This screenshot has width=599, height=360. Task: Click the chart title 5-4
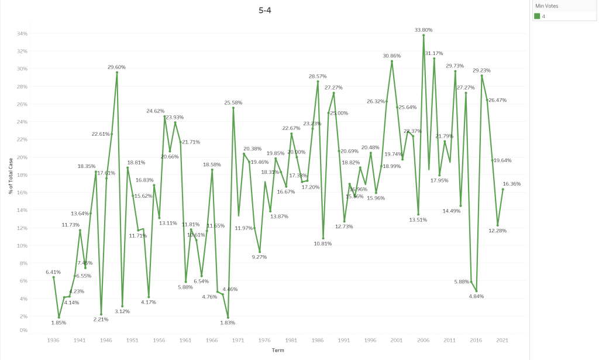point(265,10)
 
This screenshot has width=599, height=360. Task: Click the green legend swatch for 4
point(536,16)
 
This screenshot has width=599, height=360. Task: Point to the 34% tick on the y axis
point(22,33)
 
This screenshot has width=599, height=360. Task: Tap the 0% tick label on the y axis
point(23,331)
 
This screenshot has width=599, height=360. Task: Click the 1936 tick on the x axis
point(53,340)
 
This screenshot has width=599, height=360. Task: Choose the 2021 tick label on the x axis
point(502,340)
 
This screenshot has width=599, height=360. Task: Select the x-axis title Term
point(278,350)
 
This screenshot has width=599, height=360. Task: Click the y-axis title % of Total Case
point(10,184)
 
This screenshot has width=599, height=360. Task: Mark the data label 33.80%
point(424,29)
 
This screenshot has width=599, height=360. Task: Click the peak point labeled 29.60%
point(117,72)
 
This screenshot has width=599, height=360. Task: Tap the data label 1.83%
point(228,323)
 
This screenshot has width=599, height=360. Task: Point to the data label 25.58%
point(233,102)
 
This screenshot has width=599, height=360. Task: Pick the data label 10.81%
point(323,243)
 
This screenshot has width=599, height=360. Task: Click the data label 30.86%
point(392,56)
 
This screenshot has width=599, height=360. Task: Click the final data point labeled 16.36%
point(502,189)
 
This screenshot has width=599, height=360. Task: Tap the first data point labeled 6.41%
point(53,277)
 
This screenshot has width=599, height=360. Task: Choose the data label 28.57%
point(318,76)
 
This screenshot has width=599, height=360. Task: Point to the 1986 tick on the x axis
point(318,340)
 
